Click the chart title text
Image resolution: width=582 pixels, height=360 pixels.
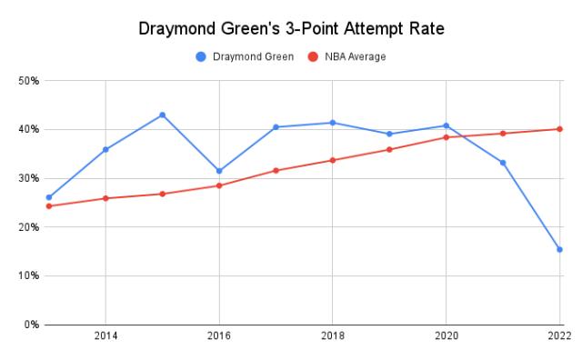(x=290, y=28)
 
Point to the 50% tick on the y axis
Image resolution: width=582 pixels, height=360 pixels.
(x=27, y=81)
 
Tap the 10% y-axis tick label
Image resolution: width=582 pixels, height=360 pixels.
(x=27, y=275)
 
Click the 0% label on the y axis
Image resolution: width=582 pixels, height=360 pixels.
(x=30, y=325)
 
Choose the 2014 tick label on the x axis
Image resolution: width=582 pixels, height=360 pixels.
(x=105, y=336)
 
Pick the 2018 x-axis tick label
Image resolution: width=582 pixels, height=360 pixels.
(x=333, y=336)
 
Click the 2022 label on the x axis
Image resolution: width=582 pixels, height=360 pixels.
(x=559, y=336)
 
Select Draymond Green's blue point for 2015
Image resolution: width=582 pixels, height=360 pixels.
(x=163, y=115)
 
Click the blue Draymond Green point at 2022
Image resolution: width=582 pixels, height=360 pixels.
(x=559, y=249)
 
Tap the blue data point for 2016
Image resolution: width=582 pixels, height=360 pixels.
(x=219, y=171)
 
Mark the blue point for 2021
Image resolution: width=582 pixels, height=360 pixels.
(x=503, y=163)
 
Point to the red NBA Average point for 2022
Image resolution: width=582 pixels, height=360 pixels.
(x=559, y=129)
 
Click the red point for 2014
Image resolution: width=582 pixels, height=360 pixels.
(x=105, y=198)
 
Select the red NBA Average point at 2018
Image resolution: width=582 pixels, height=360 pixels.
(x=333, y=160)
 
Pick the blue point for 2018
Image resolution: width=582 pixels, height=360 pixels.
(x=333, y=123)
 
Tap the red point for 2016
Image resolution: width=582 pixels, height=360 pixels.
(x=219, y=185)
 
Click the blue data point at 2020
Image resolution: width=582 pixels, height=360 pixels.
(x=447, y=125)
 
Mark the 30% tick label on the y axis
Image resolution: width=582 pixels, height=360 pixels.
(x=27, y=178)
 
